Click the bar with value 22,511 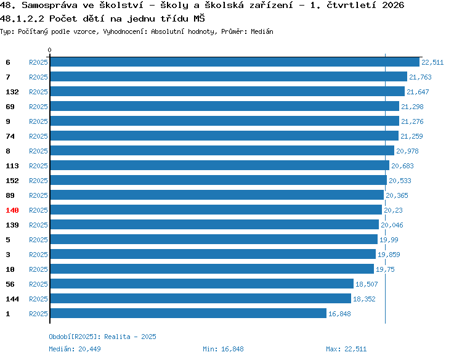235,62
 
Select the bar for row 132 227,91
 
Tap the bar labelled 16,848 188,313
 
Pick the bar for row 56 202,284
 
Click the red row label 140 12,210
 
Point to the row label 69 10,107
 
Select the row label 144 12,299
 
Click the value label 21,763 420,77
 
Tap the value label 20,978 407,151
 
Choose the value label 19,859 389,255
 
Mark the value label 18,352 364,299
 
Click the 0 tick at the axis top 49,50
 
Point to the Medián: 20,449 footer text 75,349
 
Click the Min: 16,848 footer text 223,349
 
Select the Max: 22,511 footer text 346,349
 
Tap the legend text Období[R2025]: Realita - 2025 102,337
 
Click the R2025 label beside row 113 38,166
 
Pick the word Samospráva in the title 49,6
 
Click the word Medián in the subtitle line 262,31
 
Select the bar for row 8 222,150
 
